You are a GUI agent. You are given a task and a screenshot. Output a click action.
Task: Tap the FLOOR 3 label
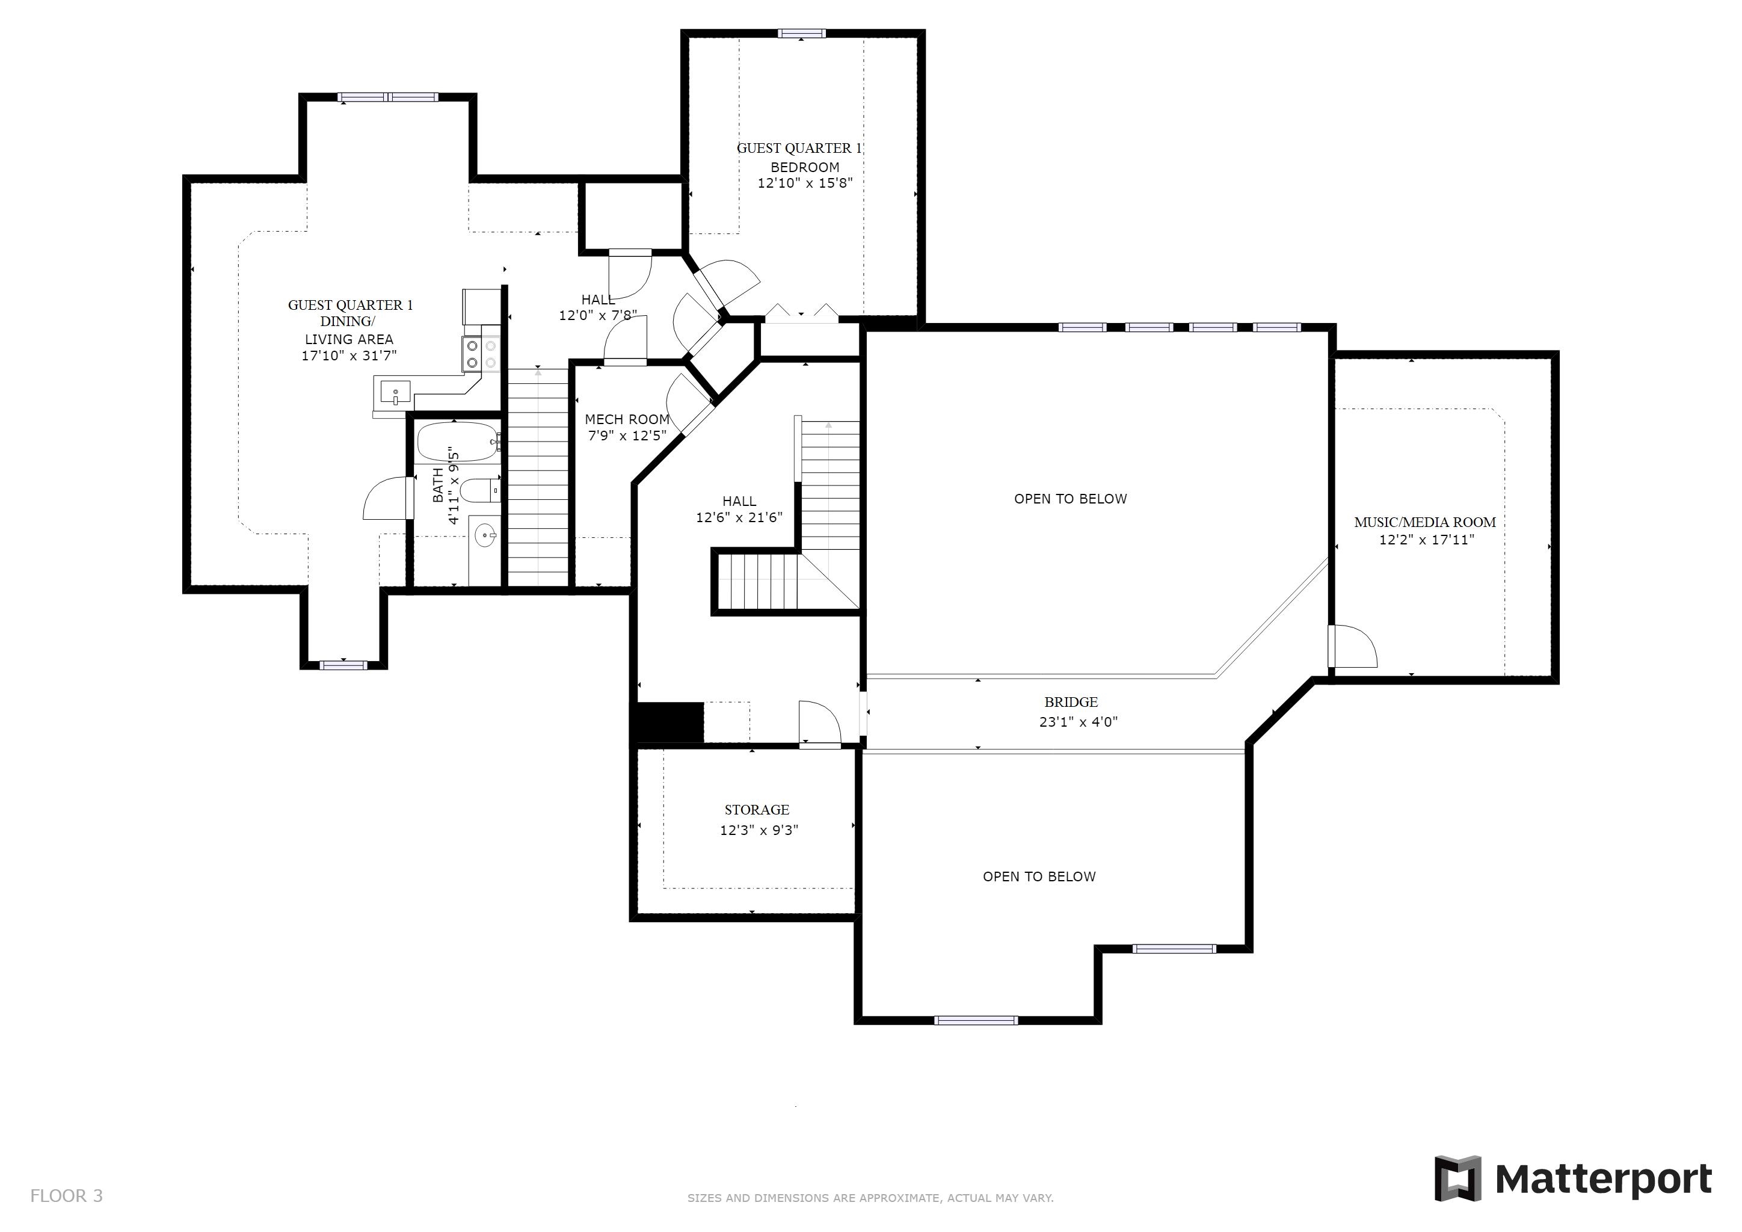point(66,1197)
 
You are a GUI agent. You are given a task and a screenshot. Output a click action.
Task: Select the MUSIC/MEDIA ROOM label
point(1425,522)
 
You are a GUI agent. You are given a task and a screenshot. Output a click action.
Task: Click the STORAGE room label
point(757,810)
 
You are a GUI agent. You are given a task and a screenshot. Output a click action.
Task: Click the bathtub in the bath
point(457,442)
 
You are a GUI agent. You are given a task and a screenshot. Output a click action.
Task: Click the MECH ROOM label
point(627,419)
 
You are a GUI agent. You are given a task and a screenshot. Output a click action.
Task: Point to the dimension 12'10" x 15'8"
point(805,183)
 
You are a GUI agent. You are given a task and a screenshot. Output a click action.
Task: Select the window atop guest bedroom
point(802,33)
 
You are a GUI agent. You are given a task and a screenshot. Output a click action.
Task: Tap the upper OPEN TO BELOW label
point(1071,499)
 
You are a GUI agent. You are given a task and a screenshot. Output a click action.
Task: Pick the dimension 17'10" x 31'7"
point(349,356)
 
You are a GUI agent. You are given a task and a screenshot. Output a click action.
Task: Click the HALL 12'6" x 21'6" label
point(739,509)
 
